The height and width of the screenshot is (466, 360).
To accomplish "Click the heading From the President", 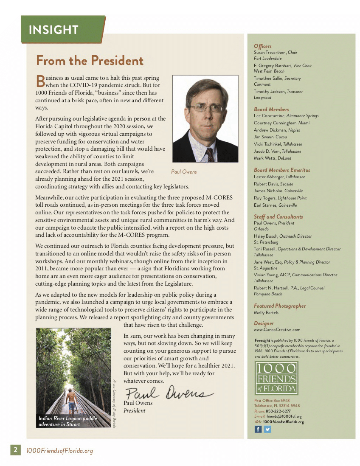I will [90, 61].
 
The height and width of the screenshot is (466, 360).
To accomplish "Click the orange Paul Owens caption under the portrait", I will [184, 172].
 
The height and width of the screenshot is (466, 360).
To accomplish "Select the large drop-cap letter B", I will [40, 81].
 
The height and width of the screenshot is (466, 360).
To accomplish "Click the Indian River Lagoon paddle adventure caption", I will [68, 421].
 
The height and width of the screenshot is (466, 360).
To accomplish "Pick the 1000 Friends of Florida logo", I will [276, 378].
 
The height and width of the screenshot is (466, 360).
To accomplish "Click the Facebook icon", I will [258, 429].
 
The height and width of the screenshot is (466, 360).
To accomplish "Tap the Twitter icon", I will [267, 429].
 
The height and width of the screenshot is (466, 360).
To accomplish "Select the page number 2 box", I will [16, 450].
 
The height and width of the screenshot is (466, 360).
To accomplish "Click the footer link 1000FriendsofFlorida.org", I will [59, 451].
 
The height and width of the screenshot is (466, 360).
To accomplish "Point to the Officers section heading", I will [263, 46].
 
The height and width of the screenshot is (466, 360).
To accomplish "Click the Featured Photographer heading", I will [279, 306].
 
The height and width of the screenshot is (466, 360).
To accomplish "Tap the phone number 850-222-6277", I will [278, 411].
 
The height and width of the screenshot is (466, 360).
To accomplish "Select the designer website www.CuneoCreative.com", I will [277, 329].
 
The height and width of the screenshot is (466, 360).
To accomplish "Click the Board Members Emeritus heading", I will [282, 170].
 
